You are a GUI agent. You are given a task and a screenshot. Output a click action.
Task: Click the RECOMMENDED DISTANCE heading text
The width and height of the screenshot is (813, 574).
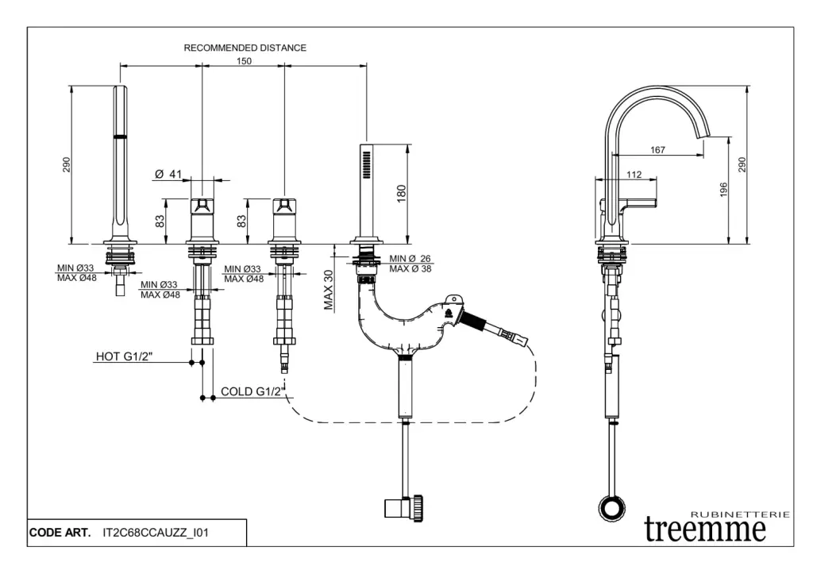tap(245, 48)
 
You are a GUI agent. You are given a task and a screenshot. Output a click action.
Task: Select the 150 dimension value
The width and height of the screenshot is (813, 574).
tap(244, 61)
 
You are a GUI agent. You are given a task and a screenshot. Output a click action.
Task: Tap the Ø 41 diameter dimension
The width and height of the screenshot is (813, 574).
tap(169, 174)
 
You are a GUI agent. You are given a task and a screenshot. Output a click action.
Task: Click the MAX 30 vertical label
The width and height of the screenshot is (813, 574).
tap(329, 289)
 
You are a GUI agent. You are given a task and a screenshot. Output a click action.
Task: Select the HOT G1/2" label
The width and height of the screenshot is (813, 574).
tap(124, 356)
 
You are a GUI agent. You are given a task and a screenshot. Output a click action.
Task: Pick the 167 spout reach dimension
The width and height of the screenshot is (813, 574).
tap(657, 150)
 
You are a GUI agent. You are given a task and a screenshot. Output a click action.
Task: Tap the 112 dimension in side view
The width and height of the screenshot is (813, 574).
tap(634, 175)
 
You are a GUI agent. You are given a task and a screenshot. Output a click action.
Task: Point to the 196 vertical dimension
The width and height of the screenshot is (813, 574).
tap(723, 191)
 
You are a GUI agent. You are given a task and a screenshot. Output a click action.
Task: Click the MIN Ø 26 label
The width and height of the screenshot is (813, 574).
tap(410, 259)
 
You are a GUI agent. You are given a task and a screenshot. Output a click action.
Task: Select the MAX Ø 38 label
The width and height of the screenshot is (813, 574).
tap(410, 269)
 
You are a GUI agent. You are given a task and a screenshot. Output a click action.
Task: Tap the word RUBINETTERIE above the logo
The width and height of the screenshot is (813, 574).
tap(741, 514)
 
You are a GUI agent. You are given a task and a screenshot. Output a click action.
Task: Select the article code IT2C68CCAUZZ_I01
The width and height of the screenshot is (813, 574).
tap(156, 533)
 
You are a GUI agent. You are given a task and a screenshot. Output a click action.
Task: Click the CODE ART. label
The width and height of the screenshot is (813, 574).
tap(60, 533)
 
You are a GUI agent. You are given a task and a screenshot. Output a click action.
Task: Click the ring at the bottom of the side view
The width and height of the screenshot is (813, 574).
tap(611, 507)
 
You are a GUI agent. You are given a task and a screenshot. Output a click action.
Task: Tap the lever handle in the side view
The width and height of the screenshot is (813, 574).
tap(640, 201)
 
